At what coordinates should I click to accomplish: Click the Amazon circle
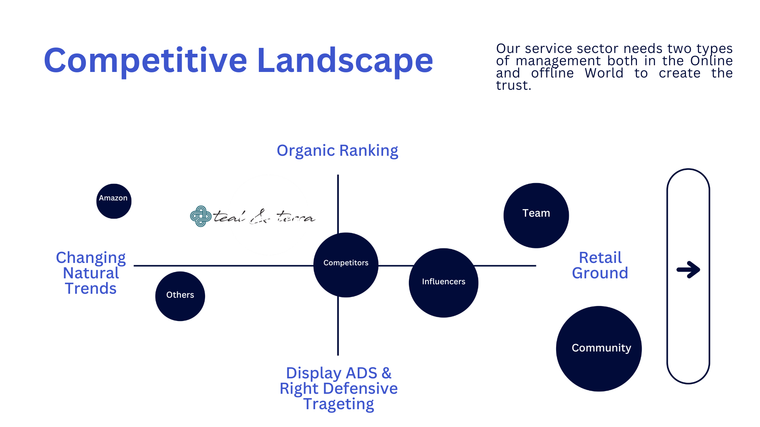114,201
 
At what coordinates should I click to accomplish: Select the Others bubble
180,296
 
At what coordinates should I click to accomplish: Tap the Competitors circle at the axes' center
346,265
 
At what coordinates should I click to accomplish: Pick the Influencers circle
444,283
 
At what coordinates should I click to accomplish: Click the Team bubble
536,215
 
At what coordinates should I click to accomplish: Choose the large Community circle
599,349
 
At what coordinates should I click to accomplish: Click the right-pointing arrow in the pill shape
688,270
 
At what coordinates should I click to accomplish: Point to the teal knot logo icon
201,216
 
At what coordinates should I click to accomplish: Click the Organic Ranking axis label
337,151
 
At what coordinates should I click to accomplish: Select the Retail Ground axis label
600,265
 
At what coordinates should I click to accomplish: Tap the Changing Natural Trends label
91,273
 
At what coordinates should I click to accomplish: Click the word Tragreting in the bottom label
338,404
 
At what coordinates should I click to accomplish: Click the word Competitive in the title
146,61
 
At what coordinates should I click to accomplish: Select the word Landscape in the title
345,61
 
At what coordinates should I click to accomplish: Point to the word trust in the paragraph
513,85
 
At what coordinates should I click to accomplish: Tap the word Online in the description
711,61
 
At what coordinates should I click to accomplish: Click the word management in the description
558,61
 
